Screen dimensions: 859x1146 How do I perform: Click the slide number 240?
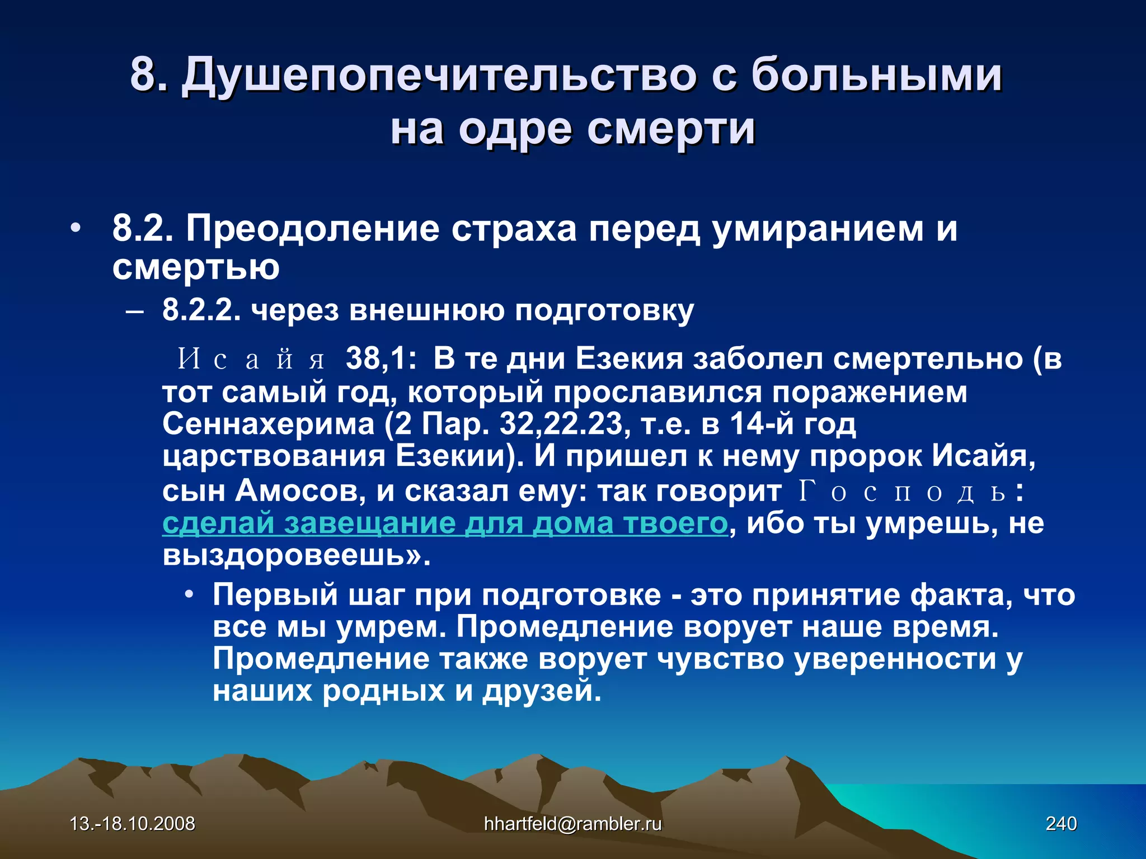click(1062, 824)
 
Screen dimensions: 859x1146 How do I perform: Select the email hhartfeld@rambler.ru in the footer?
click(572, 824)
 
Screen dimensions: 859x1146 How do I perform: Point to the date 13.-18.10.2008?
click(133, 824)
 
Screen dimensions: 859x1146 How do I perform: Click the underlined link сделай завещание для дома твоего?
click(445, 524)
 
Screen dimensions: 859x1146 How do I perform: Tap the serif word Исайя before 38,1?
click(251, 359)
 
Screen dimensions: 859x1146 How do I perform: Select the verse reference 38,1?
click(381, 359)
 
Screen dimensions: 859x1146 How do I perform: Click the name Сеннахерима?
click(269, 424)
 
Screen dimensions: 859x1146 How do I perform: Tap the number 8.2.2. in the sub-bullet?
click(201, 310)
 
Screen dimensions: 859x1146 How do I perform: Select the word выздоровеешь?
click(288, 556)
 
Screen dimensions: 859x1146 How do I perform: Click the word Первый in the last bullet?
click(275, 595)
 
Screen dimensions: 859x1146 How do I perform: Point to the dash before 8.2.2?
click(134, 311)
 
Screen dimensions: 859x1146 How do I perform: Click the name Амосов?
click(299, 492)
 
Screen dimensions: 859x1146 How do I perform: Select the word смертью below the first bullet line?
click(196, 267)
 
